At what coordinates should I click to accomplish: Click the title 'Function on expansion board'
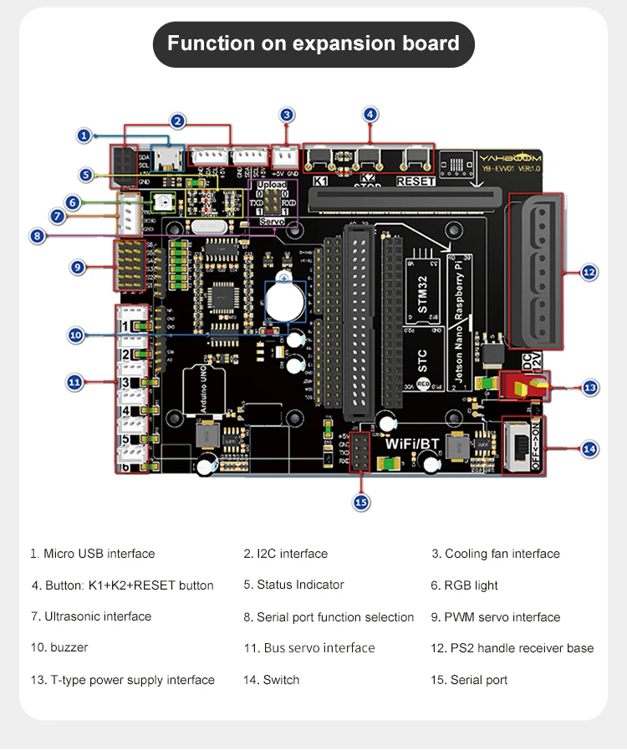313,43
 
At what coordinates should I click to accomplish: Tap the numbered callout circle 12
589,272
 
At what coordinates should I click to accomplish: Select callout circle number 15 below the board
361,502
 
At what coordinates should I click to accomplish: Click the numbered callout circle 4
370,115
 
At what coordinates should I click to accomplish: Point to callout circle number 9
78,267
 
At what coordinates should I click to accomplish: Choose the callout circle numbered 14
589,449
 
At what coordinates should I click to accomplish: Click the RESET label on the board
415,181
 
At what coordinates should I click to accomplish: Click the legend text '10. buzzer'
59,647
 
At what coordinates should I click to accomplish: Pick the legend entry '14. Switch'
271,680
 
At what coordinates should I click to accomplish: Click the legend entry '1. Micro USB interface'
93,554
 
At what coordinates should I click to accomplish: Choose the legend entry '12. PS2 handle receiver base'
512,648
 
